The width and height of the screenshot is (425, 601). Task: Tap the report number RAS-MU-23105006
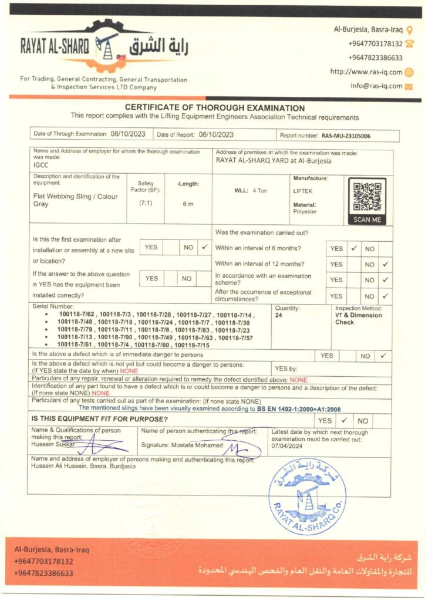pos(346,136)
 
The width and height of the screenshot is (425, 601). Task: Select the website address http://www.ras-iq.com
pos(366,72)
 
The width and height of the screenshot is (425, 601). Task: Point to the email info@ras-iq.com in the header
pos(376,86)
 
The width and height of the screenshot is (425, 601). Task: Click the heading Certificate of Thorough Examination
pos(215,108)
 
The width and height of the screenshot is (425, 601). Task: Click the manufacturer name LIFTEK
pos(303,191)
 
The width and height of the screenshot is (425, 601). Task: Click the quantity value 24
pos(279,315)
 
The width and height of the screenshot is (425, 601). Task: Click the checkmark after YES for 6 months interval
pos(354,248)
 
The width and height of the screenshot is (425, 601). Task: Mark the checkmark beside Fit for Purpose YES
pos(345,420)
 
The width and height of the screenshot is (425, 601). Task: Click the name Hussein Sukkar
pos(49,444)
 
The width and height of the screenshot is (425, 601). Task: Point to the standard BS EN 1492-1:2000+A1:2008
pos(299,409)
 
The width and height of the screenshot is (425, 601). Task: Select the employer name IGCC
pos(42,166)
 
